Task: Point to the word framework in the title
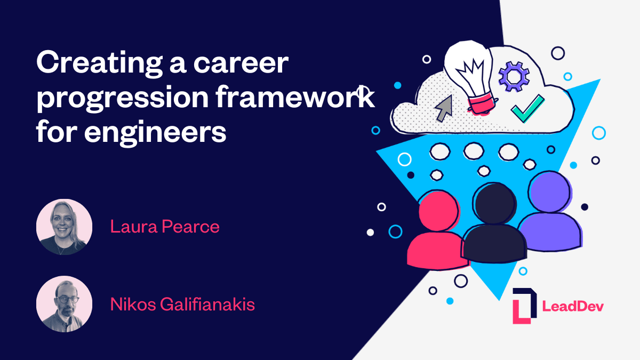pos(309,99)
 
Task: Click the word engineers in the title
pos(155,132)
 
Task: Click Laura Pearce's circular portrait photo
pos(64,227)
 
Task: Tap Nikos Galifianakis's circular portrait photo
pos(64,304)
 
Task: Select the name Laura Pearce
pos(165,227)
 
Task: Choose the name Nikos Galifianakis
pos(182,305)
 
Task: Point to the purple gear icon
pos(514,76)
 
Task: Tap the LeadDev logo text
pos(572,306)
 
